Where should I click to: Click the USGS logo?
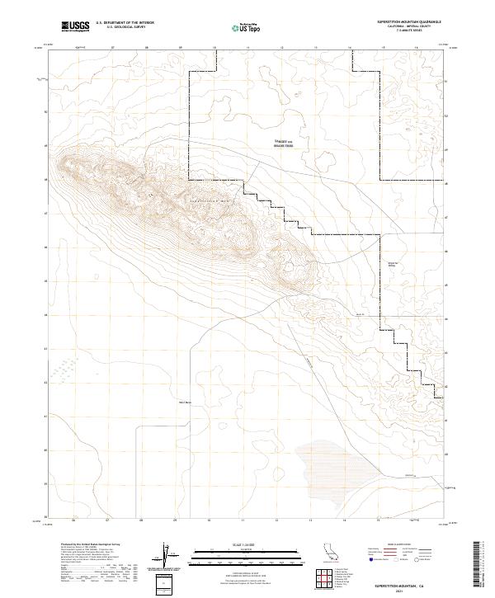tap(75, 26)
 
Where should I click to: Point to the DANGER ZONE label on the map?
tap(285, 143)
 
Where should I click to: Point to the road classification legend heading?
tap(398, 545)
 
